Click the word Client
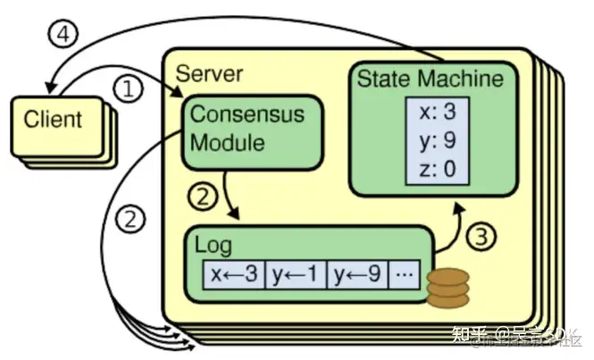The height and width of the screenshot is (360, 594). [52, 118]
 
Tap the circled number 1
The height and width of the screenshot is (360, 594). [130, 88]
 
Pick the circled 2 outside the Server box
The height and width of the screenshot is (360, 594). [130, 218]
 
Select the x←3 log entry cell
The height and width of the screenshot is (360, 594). [233, 273]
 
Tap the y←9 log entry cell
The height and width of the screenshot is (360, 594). [358, 273]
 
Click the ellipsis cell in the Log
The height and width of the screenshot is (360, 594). [404, 273]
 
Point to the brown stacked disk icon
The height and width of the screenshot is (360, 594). [447, 285]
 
